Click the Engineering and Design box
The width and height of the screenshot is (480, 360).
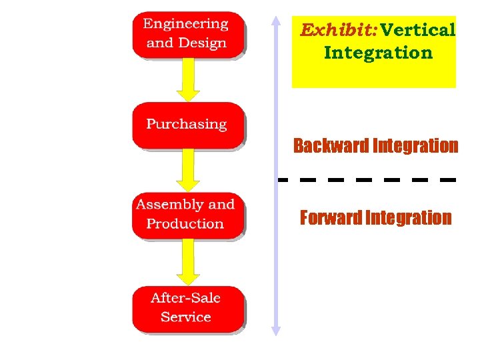[x=187, y=34]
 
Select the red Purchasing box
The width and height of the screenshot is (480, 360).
[x=187, y=125]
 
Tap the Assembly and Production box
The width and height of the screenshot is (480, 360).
[x=187, y=215]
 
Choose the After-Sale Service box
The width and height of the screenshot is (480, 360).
[x=187, y=308]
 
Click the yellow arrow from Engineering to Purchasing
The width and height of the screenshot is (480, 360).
[x=188, y=81]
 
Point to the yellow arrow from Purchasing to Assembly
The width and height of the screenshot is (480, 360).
[x=188, y=171]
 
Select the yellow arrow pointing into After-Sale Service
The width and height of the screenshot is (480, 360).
[x=188, y=263]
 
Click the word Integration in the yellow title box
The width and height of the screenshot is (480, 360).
[x=378, y=53]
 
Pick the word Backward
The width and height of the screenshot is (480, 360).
[x=331, y=145]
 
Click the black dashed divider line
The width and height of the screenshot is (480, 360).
[x=367, y=179]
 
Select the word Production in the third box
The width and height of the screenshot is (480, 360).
[x=185, y=224]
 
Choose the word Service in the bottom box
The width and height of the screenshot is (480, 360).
[x=186, y=317]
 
